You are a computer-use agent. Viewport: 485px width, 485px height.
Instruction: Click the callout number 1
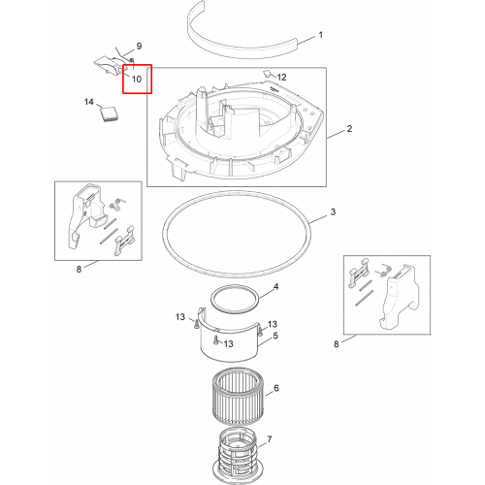tap(321, 35)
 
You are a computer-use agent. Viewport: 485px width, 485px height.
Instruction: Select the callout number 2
tap(349, 129)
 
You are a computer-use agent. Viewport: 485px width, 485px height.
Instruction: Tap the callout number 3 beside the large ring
tap(333, 211)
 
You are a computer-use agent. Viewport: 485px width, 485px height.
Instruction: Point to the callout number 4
tap(275, 287)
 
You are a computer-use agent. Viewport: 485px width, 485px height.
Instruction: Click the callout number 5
tap(275, 336)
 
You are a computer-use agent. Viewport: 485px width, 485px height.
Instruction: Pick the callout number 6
tap(276, 388)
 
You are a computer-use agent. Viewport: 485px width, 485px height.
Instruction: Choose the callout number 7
tap(270, 439)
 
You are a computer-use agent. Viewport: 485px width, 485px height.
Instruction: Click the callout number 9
tap(139, 46)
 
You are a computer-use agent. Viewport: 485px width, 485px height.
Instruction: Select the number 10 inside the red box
tap(137, 79)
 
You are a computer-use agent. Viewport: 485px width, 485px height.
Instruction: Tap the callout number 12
tap(281, 77)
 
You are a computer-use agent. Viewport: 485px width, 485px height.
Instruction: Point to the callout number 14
tap(89, 102)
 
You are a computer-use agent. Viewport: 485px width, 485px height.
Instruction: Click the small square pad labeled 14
tap(109, 113)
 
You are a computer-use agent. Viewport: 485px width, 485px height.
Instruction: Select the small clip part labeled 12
tap(267, 74)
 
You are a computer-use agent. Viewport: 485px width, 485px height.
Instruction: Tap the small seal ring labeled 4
tap(210, 299)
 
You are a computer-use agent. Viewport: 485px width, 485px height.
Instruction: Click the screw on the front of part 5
tap(215, 339)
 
